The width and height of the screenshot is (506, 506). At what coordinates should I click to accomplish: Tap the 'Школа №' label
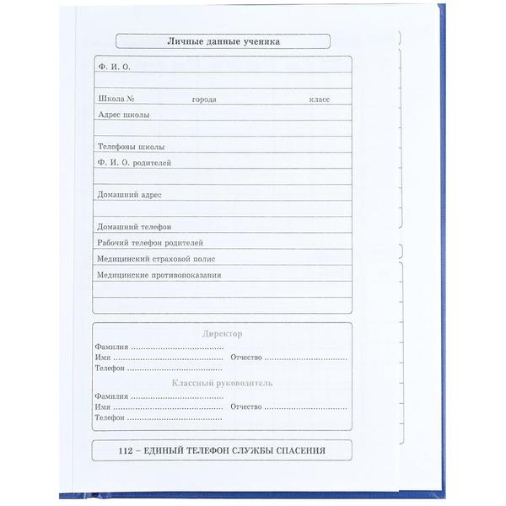coord(117,99)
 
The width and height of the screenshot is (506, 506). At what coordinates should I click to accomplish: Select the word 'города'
coord(204,100)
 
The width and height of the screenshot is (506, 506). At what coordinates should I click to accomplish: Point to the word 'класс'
coord(319,99)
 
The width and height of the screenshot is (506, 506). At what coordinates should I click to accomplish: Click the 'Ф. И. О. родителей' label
coord(134,163)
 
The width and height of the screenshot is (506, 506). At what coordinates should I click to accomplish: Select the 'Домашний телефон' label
coord(134,227)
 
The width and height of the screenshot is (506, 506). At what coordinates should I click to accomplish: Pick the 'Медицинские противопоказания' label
coord(159,275)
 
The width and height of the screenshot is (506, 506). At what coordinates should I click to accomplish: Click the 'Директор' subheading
coord(222,333)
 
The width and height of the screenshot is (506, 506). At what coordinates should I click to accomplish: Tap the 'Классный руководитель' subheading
coord(222,383)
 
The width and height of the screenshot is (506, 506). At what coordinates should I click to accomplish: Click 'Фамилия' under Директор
coord(111,347)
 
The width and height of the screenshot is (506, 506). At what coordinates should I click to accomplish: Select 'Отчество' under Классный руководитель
coord(246,406)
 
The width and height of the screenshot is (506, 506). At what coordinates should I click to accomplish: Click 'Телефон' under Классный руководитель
coord(110,417)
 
